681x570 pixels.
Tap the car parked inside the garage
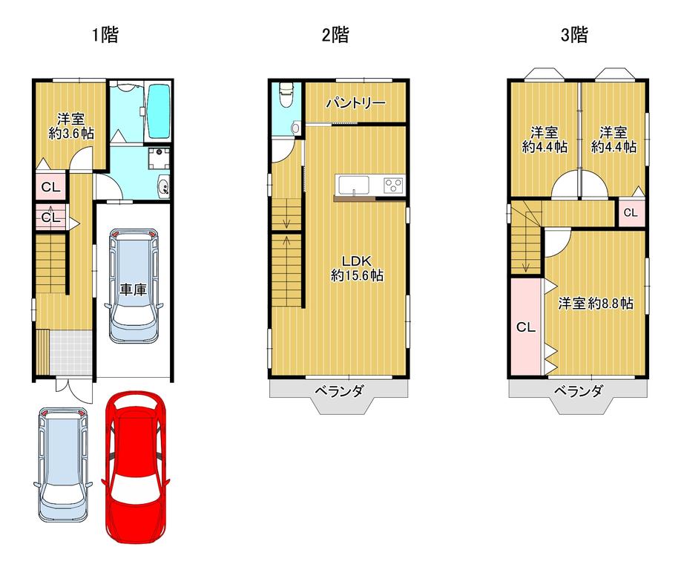[x=134, y=286]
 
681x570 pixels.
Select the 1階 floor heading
[x=105, y=35]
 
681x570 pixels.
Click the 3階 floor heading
[x=574, y=35]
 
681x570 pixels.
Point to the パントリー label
[x=355, y=103]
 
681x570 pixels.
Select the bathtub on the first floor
[x=159, y=111]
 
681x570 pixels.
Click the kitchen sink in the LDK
[x=354, y=186]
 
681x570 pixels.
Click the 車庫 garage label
[x=134, y=289]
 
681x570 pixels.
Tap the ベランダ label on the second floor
[x=339, y=391]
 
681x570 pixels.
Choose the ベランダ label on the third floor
[x=578, y=391]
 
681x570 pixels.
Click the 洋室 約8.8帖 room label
[x=596, y=304]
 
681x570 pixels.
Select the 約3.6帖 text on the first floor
[x=71, y=134]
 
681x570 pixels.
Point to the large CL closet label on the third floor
[x=525, y=327]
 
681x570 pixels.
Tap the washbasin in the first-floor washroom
[x=164, y=187]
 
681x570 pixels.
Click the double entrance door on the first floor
[x=74, y=390]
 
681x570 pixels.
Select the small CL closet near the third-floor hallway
[x=631, y=212]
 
